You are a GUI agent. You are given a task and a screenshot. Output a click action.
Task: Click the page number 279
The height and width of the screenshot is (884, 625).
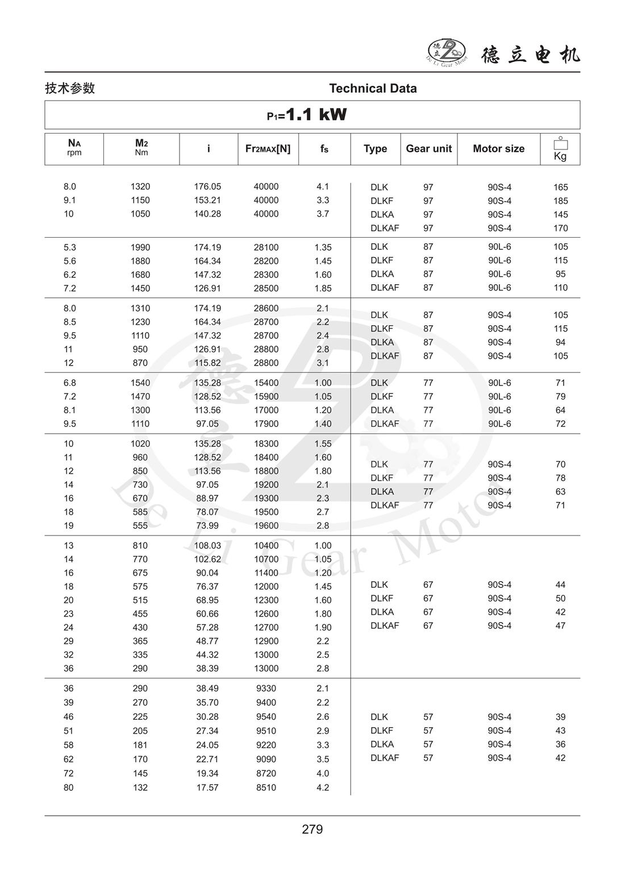[312, 829]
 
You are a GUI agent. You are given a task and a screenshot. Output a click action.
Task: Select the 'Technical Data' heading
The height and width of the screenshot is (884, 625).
[373, 89]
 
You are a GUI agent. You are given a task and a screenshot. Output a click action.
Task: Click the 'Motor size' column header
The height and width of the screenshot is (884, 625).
[498, 149]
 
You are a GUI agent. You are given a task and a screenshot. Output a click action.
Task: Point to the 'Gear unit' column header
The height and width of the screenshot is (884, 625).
[428, 149]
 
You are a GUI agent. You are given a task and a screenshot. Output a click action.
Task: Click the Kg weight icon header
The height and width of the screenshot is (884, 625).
[560, 149]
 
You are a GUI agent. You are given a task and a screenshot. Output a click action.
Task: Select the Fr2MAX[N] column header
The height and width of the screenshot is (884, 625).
[268, 149]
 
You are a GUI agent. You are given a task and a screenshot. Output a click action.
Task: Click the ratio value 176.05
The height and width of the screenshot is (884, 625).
[207, 186]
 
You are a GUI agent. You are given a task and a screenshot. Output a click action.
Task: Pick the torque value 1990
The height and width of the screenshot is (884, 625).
[140, 247]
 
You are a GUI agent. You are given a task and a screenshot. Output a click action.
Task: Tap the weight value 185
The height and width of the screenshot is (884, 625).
[560, 201]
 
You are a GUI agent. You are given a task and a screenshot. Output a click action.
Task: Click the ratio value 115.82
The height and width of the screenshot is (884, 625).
[207, 363]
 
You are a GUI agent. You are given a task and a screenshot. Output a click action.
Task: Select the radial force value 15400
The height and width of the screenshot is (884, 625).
[266, 383]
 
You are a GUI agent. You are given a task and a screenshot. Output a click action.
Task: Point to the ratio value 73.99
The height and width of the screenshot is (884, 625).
[207, 525]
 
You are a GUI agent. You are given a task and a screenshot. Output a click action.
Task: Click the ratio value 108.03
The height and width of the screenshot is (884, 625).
[207, 545]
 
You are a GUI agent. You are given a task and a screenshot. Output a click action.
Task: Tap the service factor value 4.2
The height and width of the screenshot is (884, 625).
[323, 787]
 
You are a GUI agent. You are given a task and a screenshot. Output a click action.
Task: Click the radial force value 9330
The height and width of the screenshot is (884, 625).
[266, 688]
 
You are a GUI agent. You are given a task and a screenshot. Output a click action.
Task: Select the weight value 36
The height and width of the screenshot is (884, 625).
[560, 744]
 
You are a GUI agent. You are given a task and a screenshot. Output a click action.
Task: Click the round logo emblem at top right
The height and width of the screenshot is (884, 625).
[447, 52]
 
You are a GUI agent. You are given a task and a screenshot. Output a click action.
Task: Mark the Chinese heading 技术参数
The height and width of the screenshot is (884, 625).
[70, 89]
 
